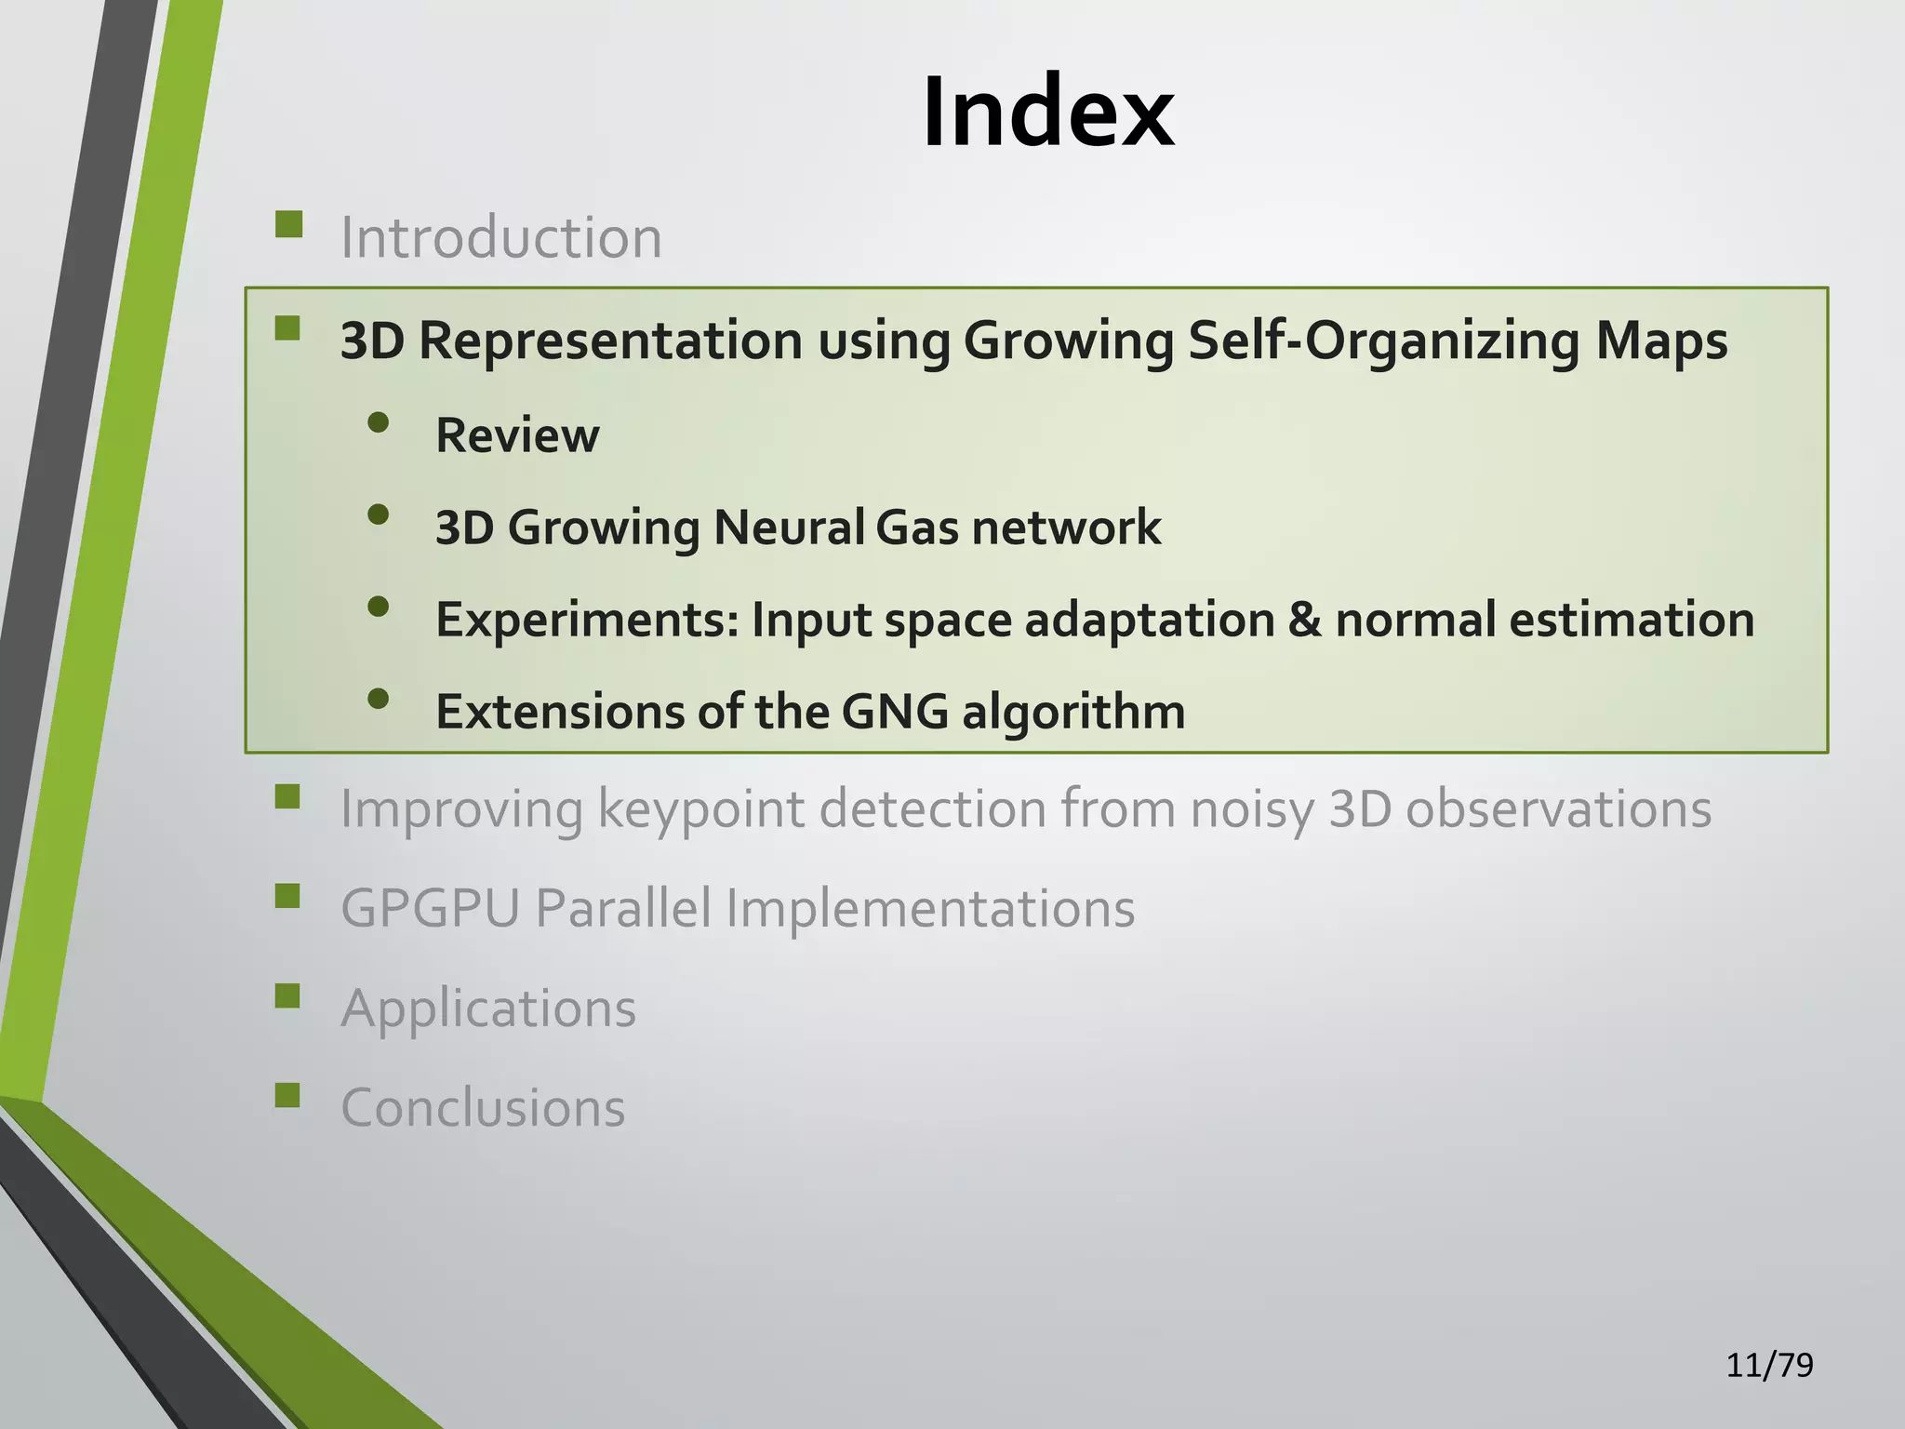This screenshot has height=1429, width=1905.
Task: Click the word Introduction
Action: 500,237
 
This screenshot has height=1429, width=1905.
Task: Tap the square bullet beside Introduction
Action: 289,225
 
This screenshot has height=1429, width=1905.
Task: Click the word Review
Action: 517,435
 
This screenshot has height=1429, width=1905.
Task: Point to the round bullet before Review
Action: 378,423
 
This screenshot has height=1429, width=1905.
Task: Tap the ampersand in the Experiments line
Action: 1304,620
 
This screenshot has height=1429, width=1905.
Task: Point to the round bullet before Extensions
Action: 378,699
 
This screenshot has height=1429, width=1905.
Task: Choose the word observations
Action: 1557,808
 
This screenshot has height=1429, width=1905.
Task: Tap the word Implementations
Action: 929,908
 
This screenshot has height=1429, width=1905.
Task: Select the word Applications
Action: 488,1008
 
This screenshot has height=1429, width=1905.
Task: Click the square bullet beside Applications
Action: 288,996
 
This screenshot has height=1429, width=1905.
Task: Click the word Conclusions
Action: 483,1108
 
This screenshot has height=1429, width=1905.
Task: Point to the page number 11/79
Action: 1768,1365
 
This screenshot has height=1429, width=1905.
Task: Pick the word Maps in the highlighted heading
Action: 1661,341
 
